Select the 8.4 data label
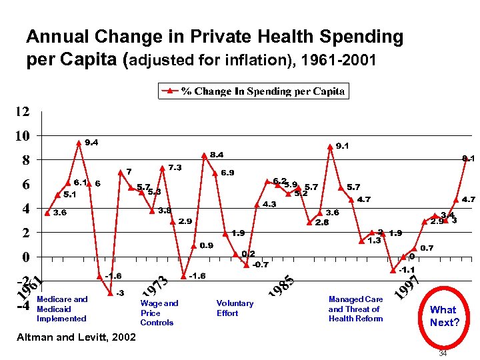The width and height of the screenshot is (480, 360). pyautogui.click(x=217, y=155)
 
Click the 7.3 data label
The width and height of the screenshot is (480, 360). pyautogui.click(x=175, y=167)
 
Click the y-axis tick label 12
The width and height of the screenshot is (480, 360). pyautogui.click(x=22, y=111)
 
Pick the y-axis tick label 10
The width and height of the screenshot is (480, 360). pyautogui.click(x=22, y=136)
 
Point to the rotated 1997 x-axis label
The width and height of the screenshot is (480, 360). pyautogui.click(x=407, y=287)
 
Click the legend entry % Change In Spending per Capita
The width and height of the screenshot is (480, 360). pyautogui.click(x=253, y=91)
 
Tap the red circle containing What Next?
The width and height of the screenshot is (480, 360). pyautogui.click(x=443, y=315)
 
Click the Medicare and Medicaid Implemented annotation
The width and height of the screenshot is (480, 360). pyautogui.click(x=62, y=309)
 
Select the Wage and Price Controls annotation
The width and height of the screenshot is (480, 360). pyautogui.click(x=159, y=313)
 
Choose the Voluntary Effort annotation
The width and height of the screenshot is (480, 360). pyautogui.click(x=235, y=308)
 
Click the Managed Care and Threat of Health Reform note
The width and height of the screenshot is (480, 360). pyautogui.click(x=355, y=309)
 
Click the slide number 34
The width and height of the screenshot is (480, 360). pyautogui.click(x=443, y=353)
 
